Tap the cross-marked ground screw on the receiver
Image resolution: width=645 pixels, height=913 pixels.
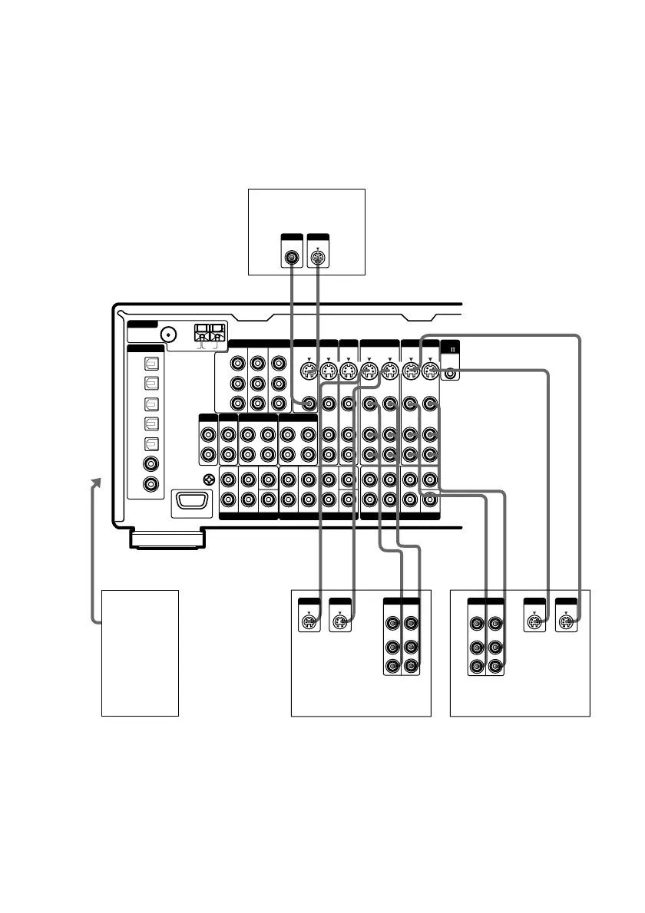point(208,480)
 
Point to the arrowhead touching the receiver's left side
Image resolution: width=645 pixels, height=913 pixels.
point(96,482)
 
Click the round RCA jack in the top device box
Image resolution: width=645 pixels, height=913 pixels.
point(293,258)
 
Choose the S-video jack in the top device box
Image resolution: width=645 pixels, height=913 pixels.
point(317,258)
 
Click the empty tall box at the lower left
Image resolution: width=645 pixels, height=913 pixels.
point(141,653)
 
